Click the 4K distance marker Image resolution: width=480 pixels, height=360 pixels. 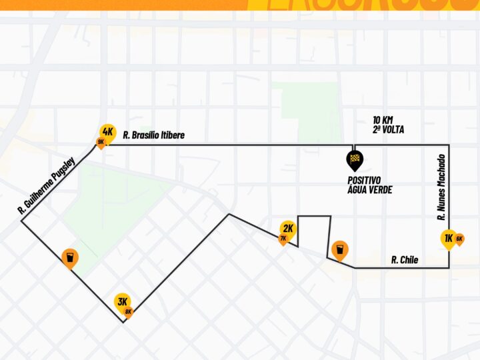pos(108,131)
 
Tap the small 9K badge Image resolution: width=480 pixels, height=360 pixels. pos(101,142)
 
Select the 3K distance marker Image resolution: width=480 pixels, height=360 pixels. pos(122,301)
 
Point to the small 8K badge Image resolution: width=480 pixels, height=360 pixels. pos(129,311)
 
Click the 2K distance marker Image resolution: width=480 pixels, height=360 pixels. pos(288,228)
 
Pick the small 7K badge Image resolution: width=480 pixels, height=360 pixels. pos(283,238)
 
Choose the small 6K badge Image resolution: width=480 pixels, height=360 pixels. pos(459,239)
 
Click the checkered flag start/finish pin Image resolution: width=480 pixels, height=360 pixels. pos(355,159)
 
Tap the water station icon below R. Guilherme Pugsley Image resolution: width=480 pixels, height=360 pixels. pos(70,257)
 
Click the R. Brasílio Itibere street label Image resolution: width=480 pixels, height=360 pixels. pos(154,135)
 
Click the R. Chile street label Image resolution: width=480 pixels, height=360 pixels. pos(405,260)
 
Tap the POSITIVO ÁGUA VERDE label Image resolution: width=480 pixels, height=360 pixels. pos(369,185)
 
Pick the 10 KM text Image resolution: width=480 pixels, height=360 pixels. pos(383,120)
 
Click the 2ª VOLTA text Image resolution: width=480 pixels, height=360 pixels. pos(388,129)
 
